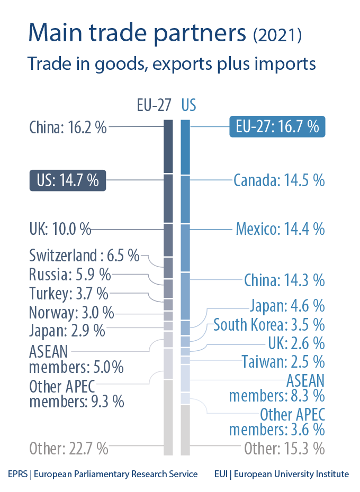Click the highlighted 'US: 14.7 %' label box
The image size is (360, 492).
tap(67, 180)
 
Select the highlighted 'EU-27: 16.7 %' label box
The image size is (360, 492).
tap(277, 127)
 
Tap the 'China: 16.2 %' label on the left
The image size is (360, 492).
tap(68, 127)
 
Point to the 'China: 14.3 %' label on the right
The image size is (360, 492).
tap(284, 280)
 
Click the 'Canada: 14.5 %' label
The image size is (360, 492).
tap(279, 180)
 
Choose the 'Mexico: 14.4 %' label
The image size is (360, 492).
tap(280, 229)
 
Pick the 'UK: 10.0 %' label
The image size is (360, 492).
tap(60, 230)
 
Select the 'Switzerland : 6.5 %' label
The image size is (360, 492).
tap(84, 257)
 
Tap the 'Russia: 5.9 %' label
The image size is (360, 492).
tap(70, 275)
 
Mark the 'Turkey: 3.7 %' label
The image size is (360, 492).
tap(68, 293)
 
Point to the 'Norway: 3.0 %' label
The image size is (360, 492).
tap(71, 312)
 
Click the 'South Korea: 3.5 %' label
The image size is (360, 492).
tap(269, 324)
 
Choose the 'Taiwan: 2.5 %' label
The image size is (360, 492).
tap(283, 362)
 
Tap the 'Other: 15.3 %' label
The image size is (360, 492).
tap(284, 449)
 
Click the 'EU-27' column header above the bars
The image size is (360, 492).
tap(154, 105)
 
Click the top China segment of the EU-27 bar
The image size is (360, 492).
tap(168, 147)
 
